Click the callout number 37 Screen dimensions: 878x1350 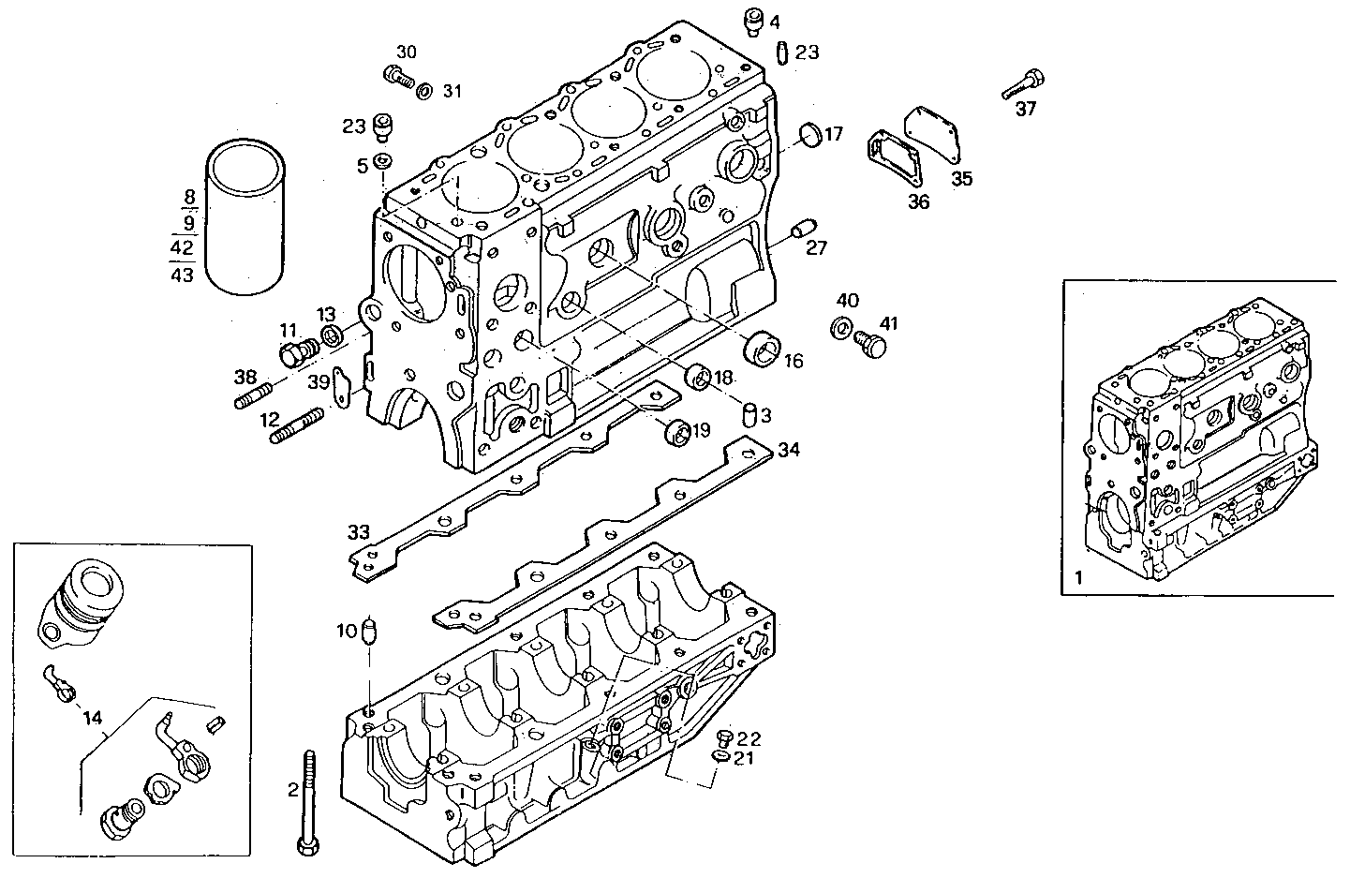pyautogui.click(x=1026, y=109)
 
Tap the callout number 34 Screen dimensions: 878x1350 pyautogui.click(x=789, y=451)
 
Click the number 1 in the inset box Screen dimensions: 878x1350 pyautogui.click(x=1078, y=579)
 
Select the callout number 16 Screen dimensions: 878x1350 pyautogui.click(x=794, y=361)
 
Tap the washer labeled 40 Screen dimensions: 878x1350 pyautogui.click(x=841, y=328)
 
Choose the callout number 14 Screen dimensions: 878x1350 pyautogui.click(x=91, y=720)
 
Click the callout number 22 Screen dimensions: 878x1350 pyautogui.click(x=749, y=737)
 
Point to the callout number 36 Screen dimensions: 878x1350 pyautogui.click(x=918, y=201)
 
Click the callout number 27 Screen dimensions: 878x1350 pyautogui.click(x=817, y=247)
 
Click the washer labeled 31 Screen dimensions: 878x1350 pyautogui.click(x=423, y=90)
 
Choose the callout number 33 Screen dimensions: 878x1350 pyautogui.click(x=359, y=531)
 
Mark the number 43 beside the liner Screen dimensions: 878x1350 pyautogui.click(x=183, y=275)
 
